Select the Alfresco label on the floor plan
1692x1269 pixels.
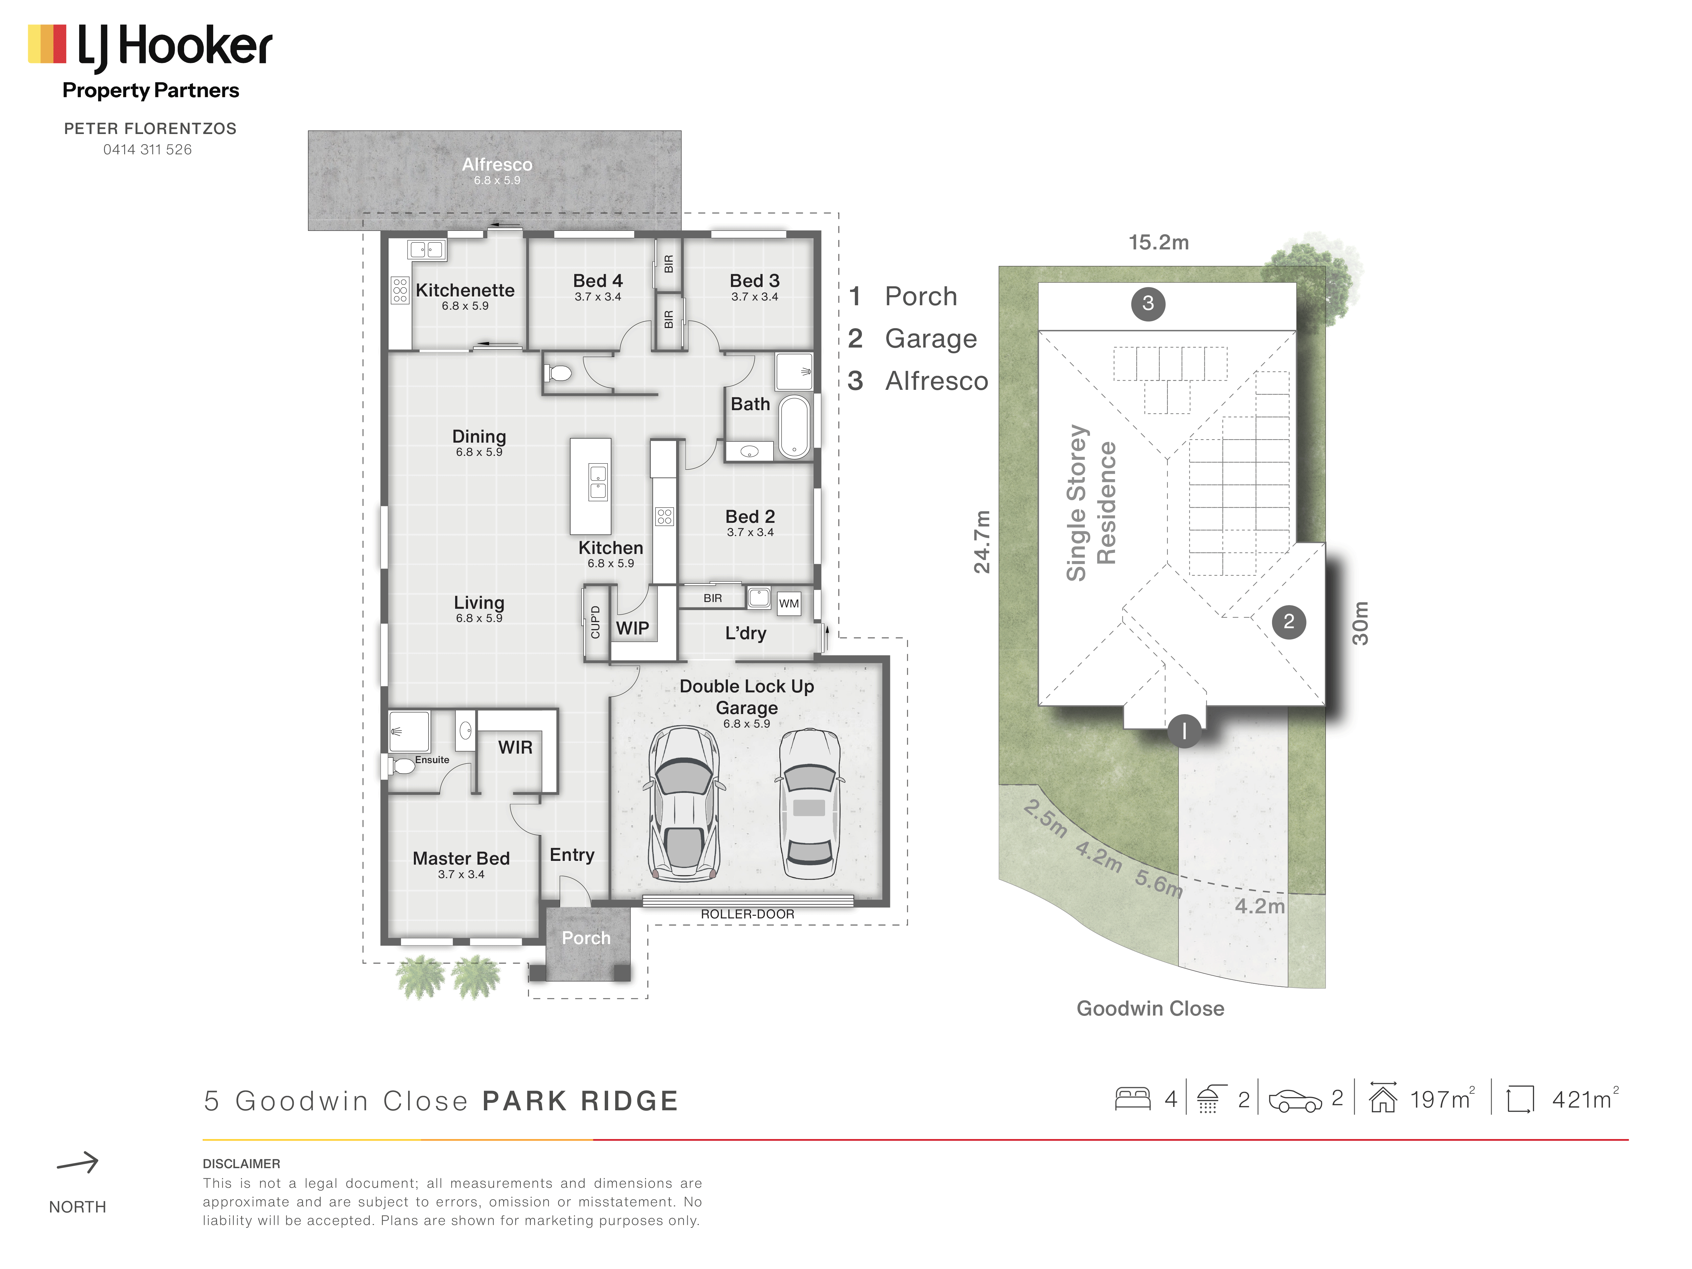(x=497, y=164)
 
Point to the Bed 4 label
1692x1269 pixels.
(x=598, y=281)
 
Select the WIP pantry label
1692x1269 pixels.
(x=632, y=628)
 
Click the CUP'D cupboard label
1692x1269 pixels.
(x=595, y=622)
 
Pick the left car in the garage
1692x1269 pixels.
(x=684, y=804)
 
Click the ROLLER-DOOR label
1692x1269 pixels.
(x=747, y=914)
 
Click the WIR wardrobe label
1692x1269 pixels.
(x=516, y=747)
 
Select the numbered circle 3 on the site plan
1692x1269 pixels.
(x=1148, y=304)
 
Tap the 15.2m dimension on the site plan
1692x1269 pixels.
(x=1159, y=243)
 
